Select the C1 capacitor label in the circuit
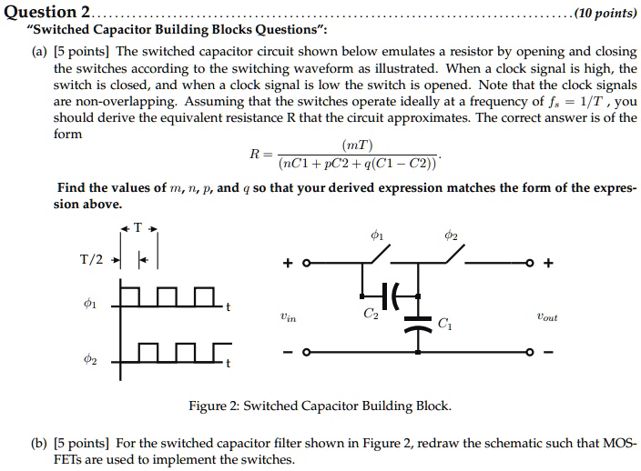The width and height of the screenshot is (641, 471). tap(444, 322)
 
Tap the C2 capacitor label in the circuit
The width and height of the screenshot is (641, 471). tap(371, 315)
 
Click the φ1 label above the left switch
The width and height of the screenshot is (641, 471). tap(377, 236)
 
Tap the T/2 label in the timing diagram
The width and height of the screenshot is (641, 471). tap(91, 259)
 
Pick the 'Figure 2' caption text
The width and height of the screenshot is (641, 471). tap(319, 406)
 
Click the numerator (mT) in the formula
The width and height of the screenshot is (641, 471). tap(357, 145)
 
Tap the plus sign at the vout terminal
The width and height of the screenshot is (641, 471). tap(546, 265)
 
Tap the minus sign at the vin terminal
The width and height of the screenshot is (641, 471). tap(288, 351)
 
